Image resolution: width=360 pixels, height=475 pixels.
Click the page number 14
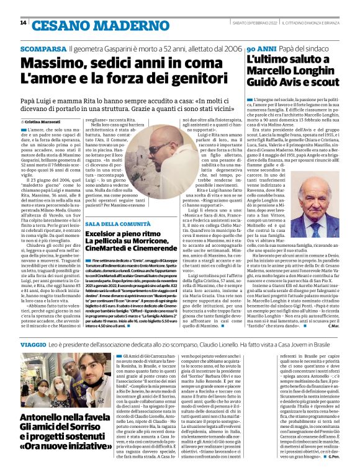pos(24,23)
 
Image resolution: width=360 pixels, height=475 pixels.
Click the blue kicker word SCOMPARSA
pos(43,48)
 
